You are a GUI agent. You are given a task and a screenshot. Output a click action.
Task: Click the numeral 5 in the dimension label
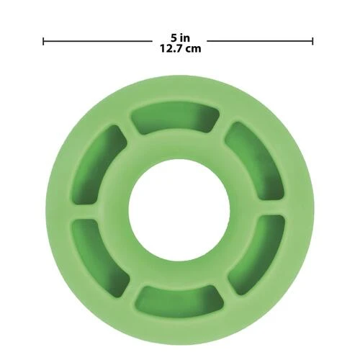(174, 37)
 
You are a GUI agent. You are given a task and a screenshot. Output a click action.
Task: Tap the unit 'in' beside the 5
(185, 37)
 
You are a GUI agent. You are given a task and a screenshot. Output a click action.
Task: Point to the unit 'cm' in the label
(194, 50)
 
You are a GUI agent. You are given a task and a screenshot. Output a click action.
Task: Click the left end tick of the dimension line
(43, 41)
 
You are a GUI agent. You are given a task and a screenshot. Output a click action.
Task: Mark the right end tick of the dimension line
(312, 41)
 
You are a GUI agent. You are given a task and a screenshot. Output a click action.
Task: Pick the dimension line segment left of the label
(97, 41)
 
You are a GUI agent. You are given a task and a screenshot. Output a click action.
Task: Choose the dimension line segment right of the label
(260, 41)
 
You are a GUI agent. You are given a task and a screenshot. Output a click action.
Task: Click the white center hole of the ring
(179, 210)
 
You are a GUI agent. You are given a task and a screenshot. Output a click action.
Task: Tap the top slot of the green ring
(175, 119)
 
